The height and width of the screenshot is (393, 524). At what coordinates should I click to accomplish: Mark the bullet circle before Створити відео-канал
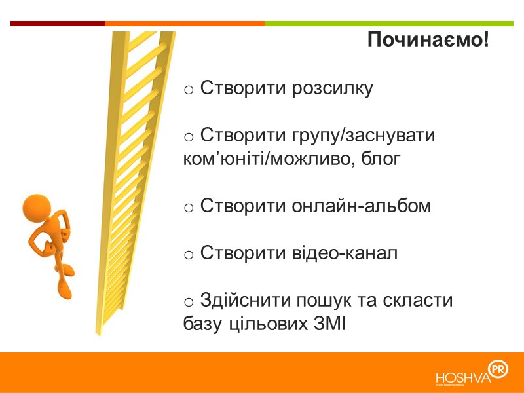[188, 255]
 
